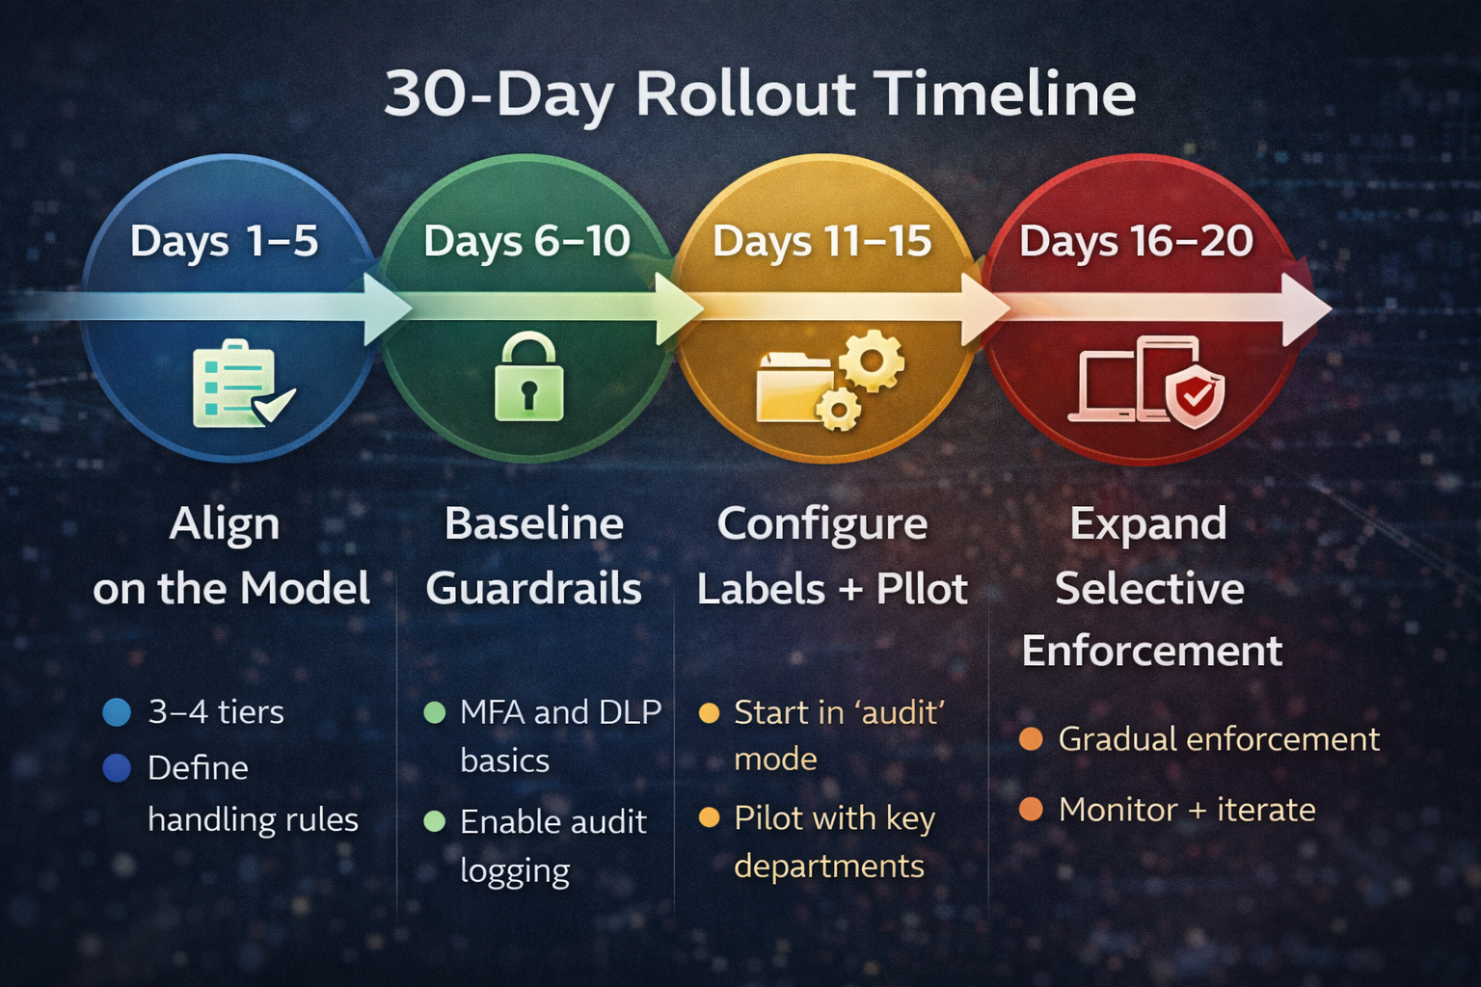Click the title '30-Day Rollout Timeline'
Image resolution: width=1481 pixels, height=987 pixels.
[760, 94]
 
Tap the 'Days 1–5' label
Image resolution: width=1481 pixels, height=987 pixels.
[224, 241]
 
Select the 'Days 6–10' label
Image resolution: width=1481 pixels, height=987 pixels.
[526, 241]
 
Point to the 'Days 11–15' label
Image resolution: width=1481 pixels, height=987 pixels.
[821, 241]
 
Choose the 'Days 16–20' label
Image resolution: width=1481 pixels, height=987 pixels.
[1136, 241]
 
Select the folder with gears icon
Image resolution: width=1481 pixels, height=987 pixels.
[829, 380]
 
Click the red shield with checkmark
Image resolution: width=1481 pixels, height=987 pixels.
[1195, 395]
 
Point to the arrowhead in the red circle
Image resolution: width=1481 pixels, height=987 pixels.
[1306, 309]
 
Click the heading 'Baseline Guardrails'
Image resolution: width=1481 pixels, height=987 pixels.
[533, 556]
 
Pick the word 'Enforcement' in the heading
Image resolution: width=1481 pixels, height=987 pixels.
[1151, 651]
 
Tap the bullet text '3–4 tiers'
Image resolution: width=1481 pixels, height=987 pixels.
[216, 712]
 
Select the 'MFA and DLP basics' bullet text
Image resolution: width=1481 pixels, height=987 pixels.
[559, 735]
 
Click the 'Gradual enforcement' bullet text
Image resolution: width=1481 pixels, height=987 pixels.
[1219, 739]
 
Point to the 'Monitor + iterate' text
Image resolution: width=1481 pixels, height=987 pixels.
[1186, 810]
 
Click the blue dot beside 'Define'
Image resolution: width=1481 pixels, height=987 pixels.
[117, 768]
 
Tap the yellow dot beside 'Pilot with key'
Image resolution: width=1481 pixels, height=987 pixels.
[709, 818]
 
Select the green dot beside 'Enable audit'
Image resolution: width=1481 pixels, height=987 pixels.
[435, 821]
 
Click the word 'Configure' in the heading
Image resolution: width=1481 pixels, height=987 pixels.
[822, 524]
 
